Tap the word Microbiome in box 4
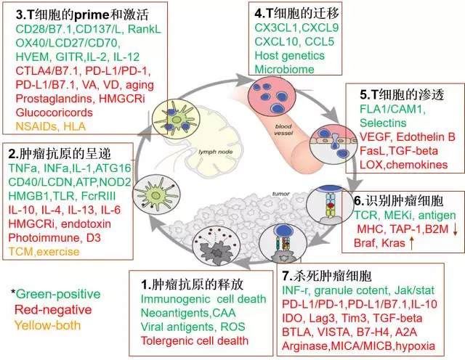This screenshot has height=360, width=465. coord(284,69)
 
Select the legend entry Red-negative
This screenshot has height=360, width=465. coord(50,308)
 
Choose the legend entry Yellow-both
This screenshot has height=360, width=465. coord(47,324)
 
